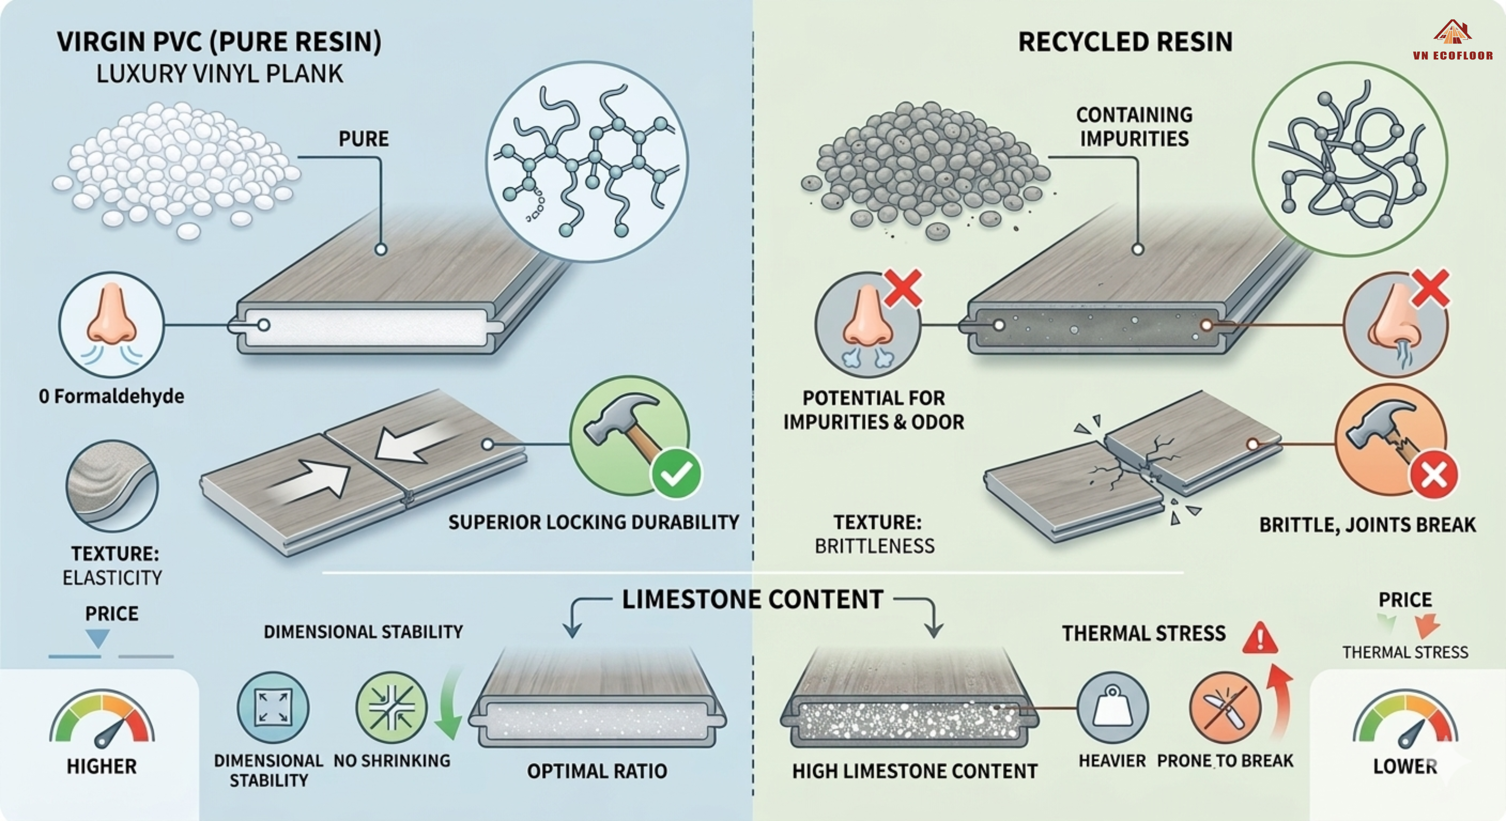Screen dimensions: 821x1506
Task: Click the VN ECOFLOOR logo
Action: point(1453,41)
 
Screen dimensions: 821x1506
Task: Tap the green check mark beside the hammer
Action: point(676,473)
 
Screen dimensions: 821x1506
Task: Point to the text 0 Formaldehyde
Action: point(112,396)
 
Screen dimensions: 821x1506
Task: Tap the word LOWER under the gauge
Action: point(1405,766)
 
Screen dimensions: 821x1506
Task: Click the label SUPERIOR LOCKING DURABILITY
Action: point(594,522)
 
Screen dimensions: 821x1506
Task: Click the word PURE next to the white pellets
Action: point(363,139)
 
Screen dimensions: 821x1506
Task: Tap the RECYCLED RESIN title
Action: point(1125,42)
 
